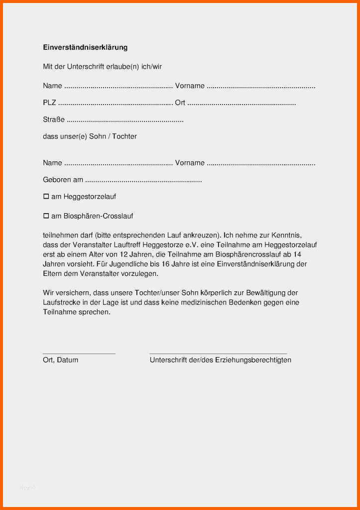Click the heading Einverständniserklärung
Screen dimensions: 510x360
pos(85,47)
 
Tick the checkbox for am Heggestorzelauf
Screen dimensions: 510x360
pos(46,197)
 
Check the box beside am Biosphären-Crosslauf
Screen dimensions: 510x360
pos(46,216)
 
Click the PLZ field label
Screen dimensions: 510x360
pos(49,103)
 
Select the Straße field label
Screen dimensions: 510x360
pos(54,120)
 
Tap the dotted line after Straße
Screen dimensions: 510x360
pos(125,121)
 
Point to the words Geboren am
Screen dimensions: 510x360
pos(63,180)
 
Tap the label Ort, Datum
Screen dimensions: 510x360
pos(60,360)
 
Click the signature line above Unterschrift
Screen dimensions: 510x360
pos(218,353)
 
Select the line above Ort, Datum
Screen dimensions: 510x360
pos(79,353)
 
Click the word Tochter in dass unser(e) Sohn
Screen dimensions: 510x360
pos(124,136)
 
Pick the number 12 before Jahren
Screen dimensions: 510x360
pos(130,254)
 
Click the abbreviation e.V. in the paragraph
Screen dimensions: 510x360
pos(201,245)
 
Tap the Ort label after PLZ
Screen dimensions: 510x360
pos(180,103)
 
